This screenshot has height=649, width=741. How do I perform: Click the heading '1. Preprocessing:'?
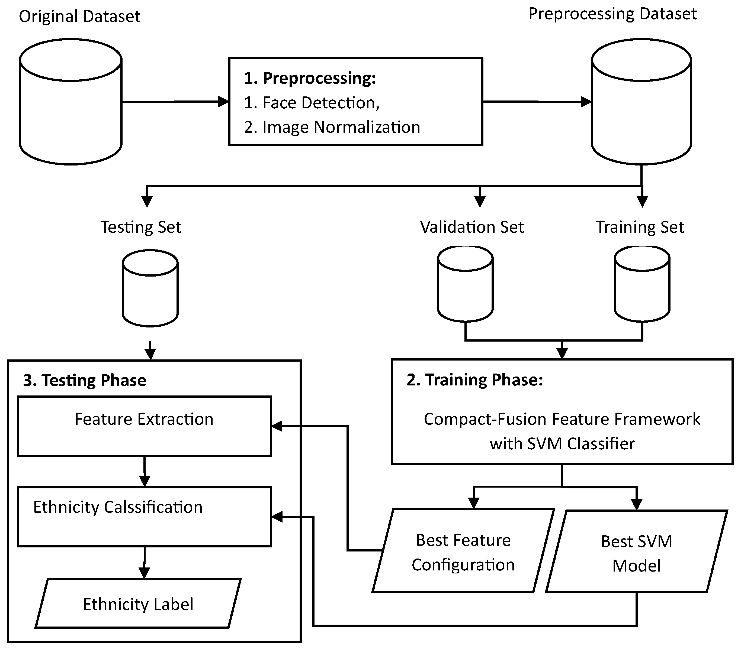pos(310,78)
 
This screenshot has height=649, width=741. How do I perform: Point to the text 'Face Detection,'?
pos(321,103)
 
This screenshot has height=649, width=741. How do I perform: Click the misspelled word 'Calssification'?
pos(153,507)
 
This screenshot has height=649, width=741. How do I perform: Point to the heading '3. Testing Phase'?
pos(85,381)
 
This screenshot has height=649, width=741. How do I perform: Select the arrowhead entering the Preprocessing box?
pos(223,102)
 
